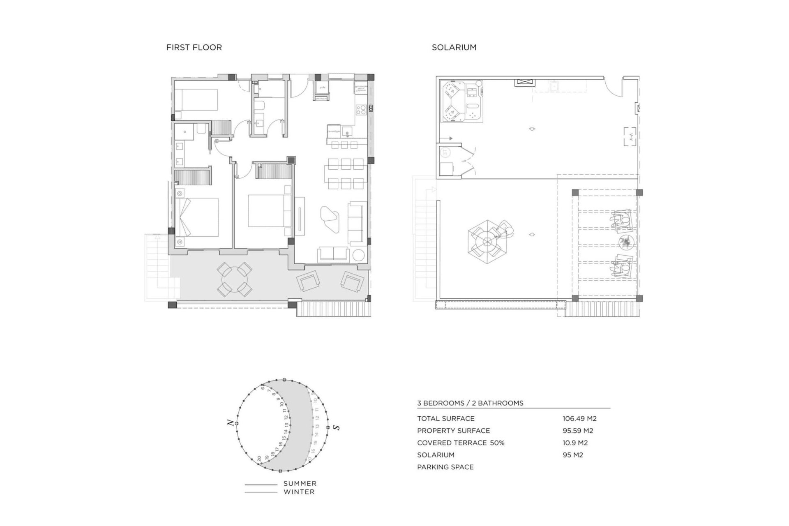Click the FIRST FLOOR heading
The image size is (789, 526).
[x=194, y=47]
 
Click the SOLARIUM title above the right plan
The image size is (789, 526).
[x=454, y=47]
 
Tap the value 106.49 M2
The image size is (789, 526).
[x=579, y=418]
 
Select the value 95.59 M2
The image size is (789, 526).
[x=577, y=431]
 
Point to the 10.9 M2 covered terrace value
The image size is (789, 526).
[x=575, y=443]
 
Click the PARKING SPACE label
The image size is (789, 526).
[x=445, y=467]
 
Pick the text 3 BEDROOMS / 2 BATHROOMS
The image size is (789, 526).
[x=470, y=403]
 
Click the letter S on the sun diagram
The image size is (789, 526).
[x=337, y=428]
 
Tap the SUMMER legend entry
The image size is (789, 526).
[x=300, y=483]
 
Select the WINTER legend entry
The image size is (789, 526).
[x=299, y=491]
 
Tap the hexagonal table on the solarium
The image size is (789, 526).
[x=487, y=241]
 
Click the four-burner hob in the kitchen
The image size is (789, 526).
[x=361, y=109]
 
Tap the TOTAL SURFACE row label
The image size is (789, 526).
[x=445, y=418]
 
